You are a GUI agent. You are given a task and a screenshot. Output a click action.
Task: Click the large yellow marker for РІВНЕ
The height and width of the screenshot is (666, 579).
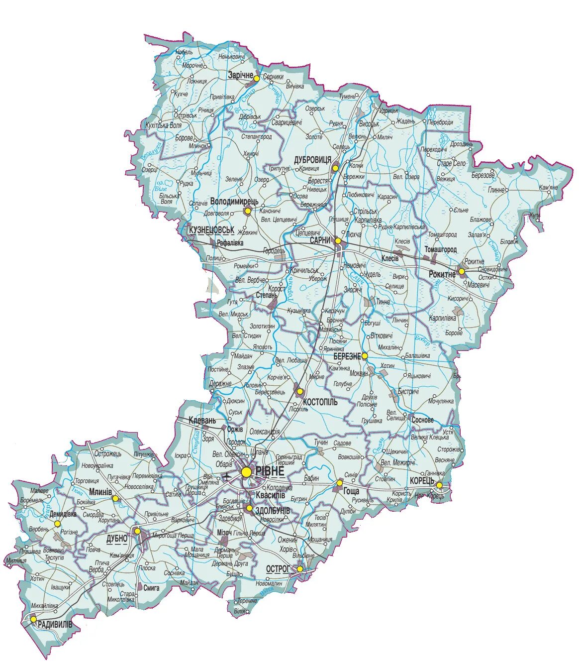pyautogui.click(x=246, y=471)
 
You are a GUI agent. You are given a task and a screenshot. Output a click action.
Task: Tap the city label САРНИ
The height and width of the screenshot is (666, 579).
pyautogui.click(x=320, y=240)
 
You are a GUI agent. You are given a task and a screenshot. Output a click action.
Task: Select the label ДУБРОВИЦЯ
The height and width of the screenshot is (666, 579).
pyautogui.click(x=312, y=159)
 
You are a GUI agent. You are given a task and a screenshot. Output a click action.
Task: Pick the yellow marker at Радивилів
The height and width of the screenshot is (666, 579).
pyautogui.click(x=33, y=620)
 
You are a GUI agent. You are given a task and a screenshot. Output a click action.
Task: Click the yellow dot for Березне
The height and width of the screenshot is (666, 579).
pyautogui.click(x=365, y=356)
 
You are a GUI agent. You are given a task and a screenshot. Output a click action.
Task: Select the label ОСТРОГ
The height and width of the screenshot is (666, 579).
pyautogui.click(x=278, y=568)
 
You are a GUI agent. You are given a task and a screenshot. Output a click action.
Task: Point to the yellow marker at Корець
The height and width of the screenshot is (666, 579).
pyautogui.click(x=439, y=485)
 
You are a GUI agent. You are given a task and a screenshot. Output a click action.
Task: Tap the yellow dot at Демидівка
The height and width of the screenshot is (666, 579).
pyautogui.click(x=58, y=524)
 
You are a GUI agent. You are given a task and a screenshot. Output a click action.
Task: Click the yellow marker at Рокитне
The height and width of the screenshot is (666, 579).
pyautogui.click(x=462, y=271)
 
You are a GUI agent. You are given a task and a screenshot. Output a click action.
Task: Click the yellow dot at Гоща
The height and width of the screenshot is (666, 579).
pyautogui.click(x=339, y=482)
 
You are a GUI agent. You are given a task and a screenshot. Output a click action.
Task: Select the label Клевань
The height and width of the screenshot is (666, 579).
pyautogui.click(x=202, y=420)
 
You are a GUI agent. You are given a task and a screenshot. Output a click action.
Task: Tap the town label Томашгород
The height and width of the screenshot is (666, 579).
pyautogui.click(x=441, y=249)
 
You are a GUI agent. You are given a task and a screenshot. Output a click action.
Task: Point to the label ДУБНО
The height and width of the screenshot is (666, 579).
pyautogui.click(x=117, y=539)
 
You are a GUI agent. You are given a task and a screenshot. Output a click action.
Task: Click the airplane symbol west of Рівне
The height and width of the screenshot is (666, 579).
pyautogui.click(x=228, y=476)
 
